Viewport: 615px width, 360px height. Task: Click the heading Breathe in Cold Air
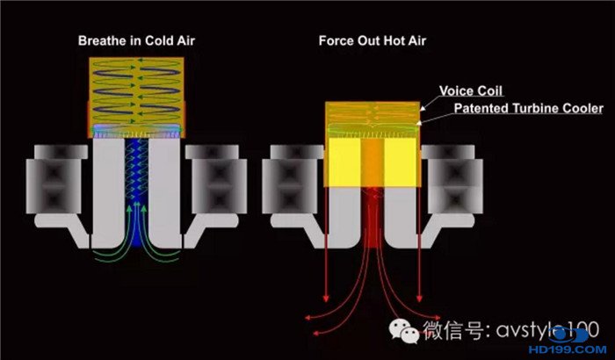point(136,40)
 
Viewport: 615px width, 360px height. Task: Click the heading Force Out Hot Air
point(373,40)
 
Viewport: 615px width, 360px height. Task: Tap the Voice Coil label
point(471,91)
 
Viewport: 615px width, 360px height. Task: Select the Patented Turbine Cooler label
point(529,108)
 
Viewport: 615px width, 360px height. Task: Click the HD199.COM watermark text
point(568,349)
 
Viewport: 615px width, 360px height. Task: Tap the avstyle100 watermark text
point(547,330)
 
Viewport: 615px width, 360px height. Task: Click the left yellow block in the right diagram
point(344,162)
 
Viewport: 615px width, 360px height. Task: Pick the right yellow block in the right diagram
point(400,162)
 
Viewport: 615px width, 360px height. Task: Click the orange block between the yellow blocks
point(373,162)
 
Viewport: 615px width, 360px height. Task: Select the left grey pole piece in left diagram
point(108,192)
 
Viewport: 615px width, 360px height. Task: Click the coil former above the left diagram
point(136,97)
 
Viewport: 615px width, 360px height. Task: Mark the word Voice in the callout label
point(454,91)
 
